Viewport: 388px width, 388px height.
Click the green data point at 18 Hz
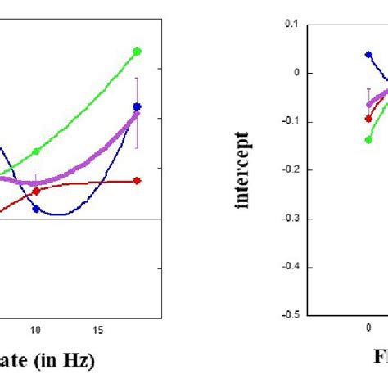(x=138, y=51)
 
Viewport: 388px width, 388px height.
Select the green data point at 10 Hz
(x=36, y=151)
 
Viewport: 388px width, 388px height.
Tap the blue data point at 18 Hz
(x=138, y=106)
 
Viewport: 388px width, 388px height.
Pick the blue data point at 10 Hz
(x=36, y=209)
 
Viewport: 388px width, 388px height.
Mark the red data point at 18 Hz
(x=138, y=180)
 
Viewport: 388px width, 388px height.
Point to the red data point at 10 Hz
(x=36, y=191)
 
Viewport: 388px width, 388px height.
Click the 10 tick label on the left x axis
(x=35, y=330)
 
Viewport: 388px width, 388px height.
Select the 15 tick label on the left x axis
(x=98, y=330)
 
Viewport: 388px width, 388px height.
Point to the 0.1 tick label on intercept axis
(x=291, y=25)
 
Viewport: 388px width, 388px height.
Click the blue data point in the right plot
(x=368, y=55)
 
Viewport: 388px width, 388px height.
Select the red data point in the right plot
(x=368, y=118)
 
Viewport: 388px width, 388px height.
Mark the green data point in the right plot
(x=368, y=140)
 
